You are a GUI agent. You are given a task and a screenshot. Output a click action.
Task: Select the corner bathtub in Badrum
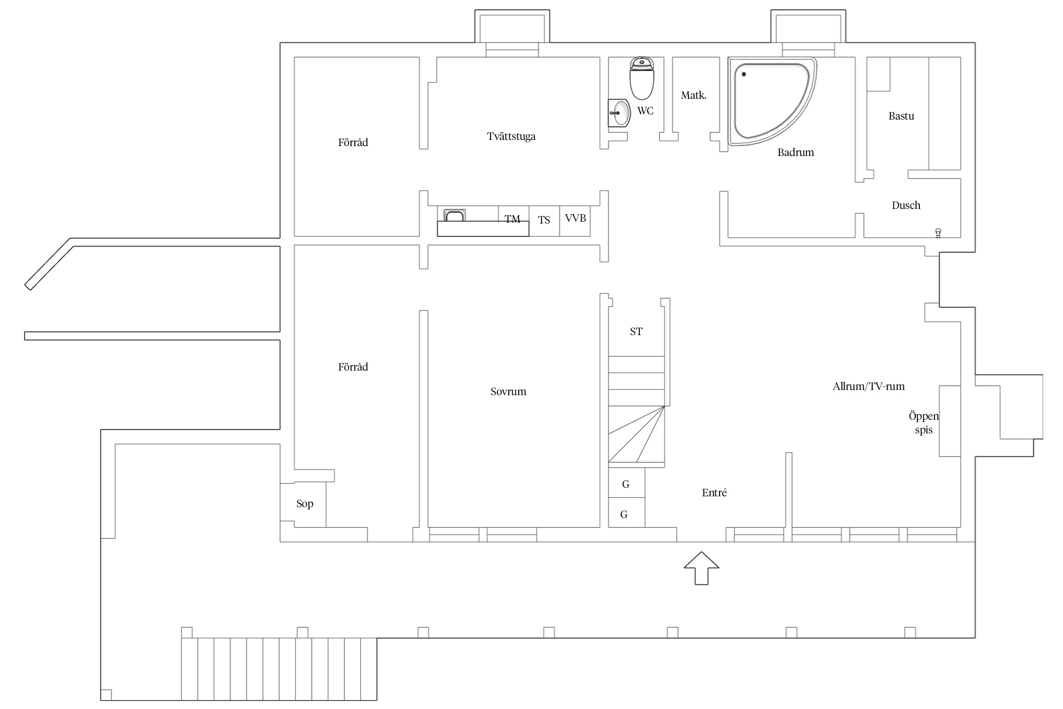click(x=772, y=101)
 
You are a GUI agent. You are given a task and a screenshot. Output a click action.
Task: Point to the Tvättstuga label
click(x=511, y=137)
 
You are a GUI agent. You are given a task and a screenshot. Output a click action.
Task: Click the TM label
click(x=512, y=219)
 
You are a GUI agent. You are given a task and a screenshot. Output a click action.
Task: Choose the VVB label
click(x=575, y=218)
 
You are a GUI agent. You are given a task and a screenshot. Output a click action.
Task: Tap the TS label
click(x=544, y=220)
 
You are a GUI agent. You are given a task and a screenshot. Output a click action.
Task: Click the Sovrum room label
click(x=508, y=391)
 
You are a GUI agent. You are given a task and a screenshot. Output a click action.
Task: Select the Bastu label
click(x=901, y=116)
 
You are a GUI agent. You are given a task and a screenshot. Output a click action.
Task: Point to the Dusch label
click(x=906, y=205)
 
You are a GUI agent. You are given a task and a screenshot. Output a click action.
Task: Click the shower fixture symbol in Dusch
click(x=938, y=233)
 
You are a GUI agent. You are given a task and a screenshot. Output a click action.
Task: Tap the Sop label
click(x=305, y=504)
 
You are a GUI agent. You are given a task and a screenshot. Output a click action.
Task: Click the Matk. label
click(x=694, y=95)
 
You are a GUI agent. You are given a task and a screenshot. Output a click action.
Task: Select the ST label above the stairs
click(x=636, y=331)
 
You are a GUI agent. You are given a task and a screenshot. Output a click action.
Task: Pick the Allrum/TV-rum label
click(x=868, y=386)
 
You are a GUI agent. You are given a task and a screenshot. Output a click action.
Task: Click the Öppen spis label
click(x=924, y=423)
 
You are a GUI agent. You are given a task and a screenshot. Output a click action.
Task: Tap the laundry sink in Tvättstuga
click(x=454, y=216)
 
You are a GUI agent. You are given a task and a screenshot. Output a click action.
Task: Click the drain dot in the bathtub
click(x=744, y=74)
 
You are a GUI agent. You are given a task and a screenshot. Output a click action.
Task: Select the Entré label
click(x=714, y=493)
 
